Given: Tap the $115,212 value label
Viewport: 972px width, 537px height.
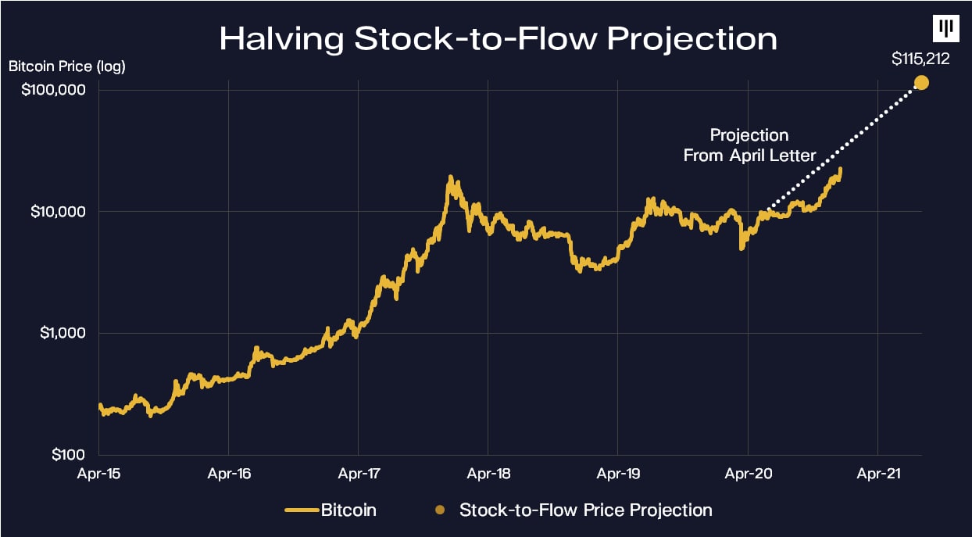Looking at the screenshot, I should click(920, 59).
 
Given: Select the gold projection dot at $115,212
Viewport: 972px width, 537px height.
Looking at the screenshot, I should click(921, 82).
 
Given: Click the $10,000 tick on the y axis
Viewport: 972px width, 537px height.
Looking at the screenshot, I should click(53, 212).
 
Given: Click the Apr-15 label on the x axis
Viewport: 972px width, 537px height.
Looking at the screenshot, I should click(99, 473).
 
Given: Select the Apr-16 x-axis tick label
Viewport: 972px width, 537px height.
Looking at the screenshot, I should click(228, 473).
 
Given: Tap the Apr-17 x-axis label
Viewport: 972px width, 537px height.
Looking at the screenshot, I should click(358, 473).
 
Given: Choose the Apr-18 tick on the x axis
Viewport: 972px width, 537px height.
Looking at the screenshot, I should click(488, 473).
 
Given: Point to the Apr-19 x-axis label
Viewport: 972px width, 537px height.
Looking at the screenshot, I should click(617, 473).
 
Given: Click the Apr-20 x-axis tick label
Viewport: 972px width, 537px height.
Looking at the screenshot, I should click(748, 473).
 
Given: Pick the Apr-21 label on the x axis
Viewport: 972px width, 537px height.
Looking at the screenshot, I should click(877, 473).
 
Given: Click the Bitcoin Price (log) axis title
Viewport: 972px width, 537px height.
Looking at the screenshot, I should click(67, 66).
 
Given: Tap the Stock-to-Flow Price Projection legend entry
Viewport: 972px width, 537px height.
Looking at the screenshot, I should click(574, 510).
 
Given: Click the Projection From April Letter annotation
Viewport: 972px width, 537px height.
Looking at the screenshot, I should click(749, 145).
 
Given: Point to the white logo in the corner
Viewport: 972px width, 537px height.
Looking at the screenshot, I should click(947, 28).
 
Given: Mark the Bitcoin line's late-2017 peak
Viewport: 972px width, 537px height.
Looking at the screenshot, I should click(450, 178).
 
